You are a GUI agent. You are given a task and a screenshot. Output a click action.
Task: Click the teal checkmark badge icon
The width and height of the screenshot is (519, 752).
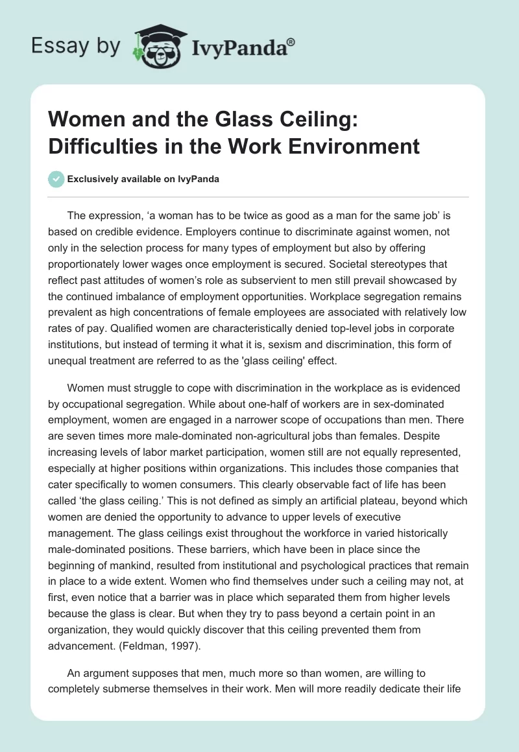pos(56,179)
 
